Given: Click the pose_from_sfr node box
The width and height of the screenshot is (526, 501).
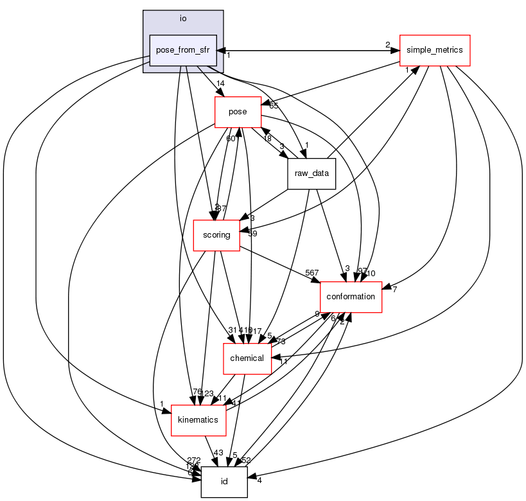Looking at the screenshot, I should click(x=183, y=49).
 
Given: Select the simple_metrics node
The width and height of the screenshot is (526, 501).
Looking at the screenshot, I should click(x=435, y=49).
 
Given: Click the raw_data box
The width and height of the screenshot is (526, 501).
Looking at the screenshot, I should click(x=311, y=174).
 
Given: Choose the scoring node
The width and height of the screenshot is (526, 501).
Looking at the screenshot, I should click(x=216, y=235).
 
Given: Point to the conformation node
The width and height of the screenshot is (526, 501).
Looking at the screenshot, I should click(x=351, y=297).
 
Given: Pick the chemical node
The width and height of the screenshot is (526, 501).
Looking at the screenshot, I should click(x=247, y=358).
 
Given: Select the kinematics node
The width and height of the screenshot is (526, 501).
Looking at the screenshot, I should click(x=198, y=420).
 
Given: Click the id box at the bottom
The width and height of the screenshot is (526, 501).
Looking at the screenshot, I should click(x=224, y=482).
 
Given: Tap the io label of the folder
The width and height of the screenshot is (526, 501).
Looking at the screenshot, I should click(x=183, y=19).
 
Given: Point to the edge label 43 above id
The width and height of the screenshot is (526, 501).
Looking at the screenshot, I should click(x=218, y=453).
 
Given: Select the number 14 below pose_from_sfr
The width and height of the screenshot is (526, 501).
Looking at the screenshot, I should click(x=220, y=83).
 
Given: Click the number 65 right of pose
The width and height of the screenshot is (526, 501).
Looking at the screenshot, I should click(x=274, y=105).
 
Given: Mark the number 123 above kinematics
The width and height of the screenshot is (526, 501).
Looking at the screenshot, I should click(x=207, y=393).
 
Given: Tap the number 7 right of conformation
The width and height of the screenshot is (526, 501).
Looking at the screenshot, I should click(x=394, y=290).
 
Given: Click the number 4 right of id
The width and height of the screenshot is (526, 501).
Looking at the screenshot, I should click(x=259, y=479).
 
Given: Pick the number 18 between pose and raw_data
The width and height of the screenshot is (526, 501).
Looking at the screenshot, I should click(x=267, y=138).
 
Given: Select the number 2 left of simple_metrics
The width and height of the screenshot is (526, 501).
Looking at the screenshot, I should click(x=387, y=44).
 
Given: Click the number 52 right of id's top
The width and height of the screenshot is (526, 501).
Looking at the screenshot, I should click(x=246, y=460).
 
